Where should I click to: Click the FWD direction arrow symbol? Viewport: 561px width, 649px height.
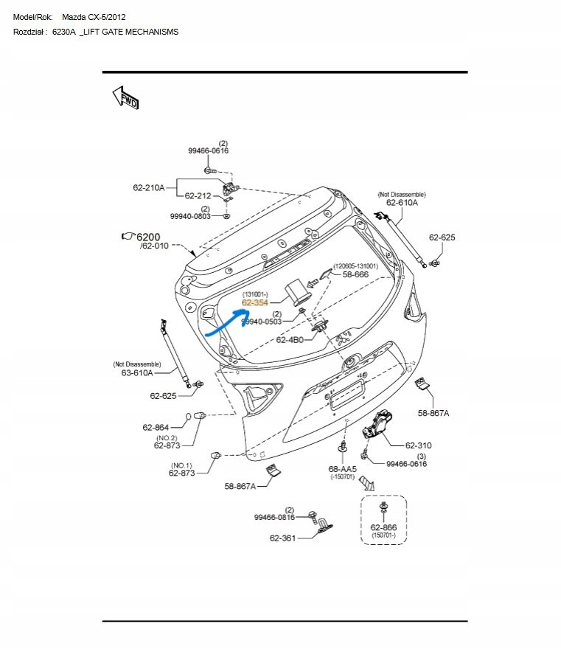click(125, 97)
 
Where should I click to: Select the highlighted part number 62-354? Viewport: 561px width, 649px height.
click(255, 302)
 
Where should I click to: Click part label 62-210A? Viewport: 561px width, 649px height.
click(149, 187)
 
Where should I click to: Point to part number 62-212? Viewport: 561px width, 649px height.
click(198, 196)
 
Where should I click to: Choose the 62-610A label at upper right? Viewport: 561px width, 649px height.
click(402, 202)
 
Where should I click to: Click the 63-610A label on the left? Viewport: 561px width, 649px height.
click(136, 372)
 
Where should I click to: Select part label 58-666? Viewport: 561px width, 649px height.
click(355, 274)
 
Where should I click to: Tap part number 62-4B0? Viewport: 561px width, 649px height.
click(290, 340)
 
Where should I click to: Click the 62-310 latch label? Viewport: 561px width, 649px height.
click(419, 445)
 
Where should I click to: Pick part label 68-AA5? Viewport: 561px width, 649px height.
click(342, 469)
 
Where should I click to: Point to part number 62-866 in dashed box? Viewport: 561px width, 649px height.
click(383, 527)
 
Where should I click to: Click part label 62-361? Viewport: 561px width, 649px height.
click(282, 538)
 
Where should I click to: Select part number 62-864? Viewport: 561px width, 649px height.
click(156, 428)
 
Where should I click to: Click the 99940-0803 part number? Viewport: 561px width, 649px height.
click(190, 217)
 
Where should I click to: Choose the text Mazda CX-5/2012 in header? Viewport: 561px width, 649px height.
click(93, 15)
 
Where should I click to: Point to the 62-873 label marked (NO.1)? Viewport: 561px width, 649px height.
click(181, 473)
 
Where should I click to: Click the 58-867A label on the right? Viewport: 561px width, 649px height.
click(433, 413)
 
